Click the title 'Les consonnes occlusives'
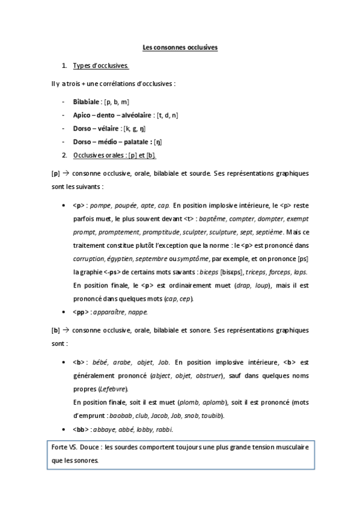point(180,46)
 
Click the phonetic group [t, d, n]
point(166,115)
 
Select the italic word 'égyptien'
point(120,258)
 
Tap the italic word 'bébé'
point(102,363)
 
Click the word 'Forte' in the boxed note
point(59,448)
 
